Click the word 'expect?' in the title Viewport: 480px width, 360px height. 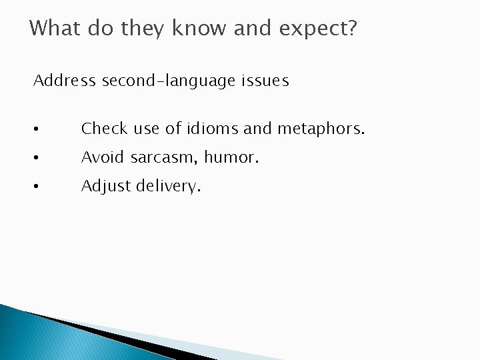coord(319,29)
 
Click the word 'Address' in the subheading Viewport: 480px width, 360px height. coord(65,81)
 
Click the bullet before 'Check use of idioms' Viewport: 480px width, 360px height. coord(39,129)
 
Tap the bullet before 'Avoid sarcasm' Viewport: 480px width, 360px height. coord(39,158)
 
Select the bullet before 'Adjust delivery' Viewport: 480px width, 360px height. coord(39,187)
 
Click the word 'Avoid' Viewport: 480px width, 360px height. coord(103,157)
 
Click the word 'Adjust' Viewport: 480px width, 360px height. coord(106,187)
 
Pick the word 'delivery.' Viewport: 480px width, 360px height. coord(168,187)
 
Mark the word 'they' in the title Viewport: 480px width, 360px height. coord(145,29)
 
